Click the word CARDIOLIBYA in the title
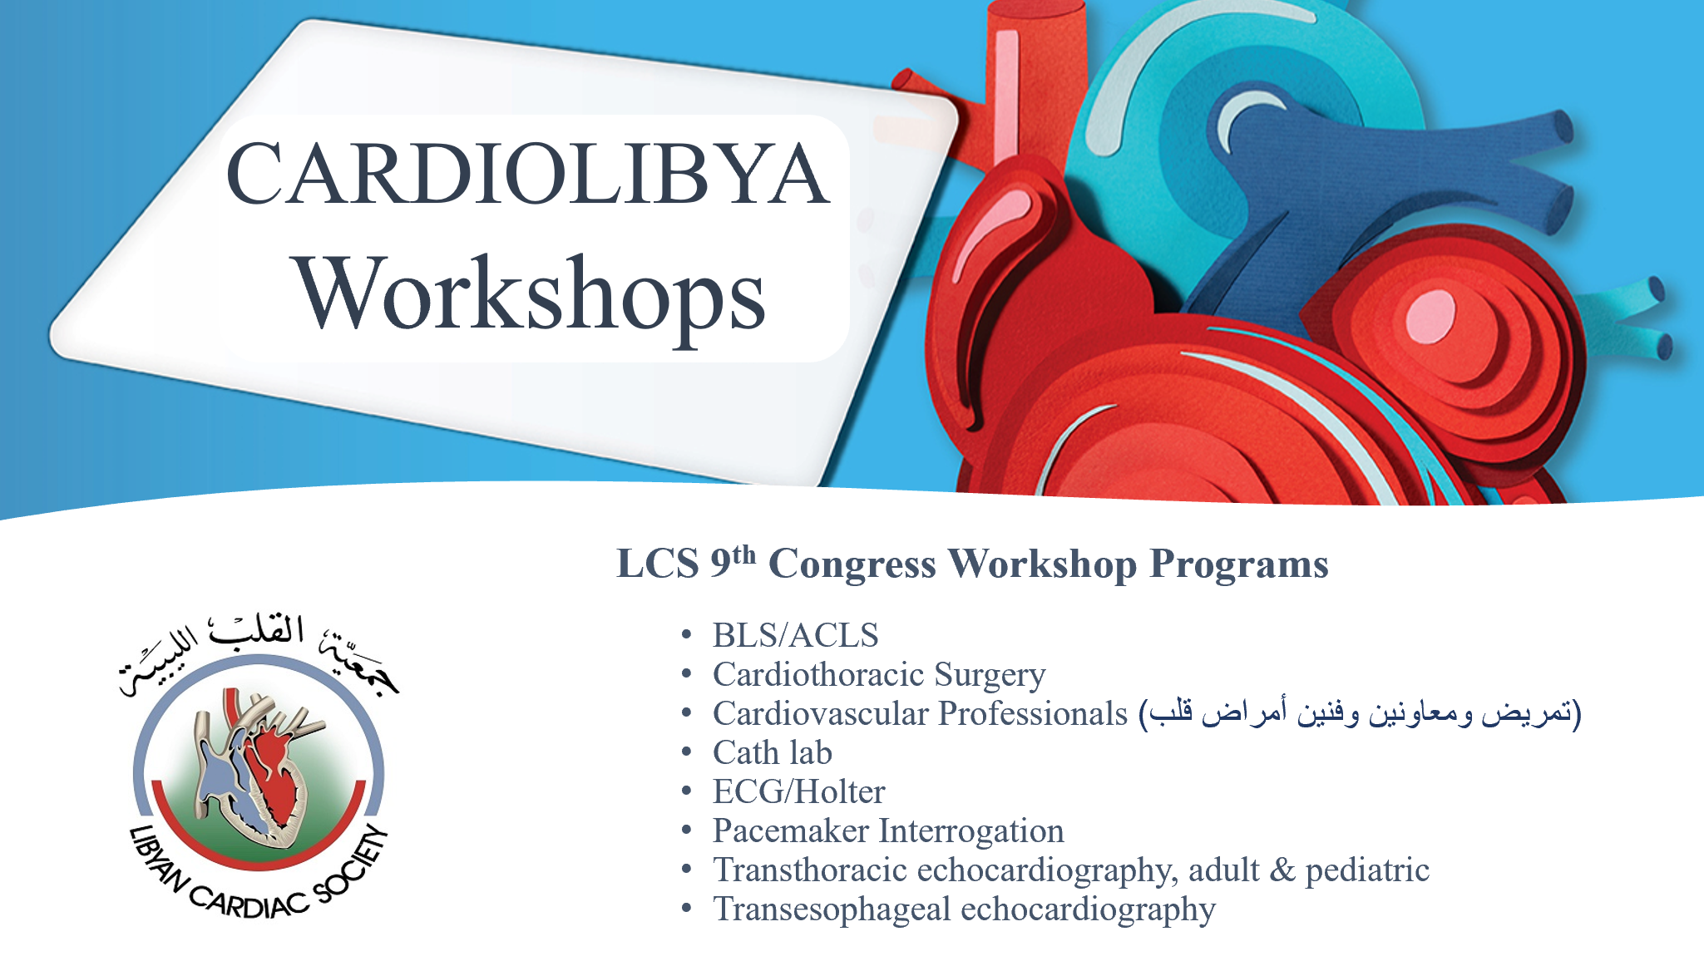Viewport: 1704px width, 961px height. click(x=528, y=174)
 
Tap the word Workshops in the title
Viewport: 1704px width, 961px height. click(x=530, y=295)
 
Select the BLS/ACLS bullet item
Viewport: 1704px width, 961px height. click(x=795, y=635)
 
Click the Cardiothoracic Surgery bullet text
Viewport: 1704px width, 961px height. click(x=879, y=675)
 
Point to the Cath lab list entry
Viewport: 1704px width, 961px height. click(x=773, y=752)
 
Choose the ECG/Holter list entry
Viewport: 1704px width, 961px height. click(x=798, y=791)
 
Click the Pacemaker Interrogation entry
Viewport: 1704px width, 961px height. click(x=888, y=831)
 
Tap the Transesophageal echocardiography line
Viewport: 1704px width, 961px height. click(x=964, y=909)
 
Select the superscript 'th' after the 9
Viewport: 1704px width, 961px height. click(x=744, y=554)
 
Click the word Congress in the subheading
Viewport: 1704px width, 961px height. click(x=852, y=564)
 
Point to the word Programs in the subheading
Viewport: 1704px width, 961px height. click(x=1239, y=564)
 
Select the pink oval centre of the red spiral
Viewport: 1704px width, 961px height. click(x=1430, y=315)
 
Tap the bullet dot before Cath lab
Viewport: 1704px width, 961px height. click(x=686, y=752)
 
